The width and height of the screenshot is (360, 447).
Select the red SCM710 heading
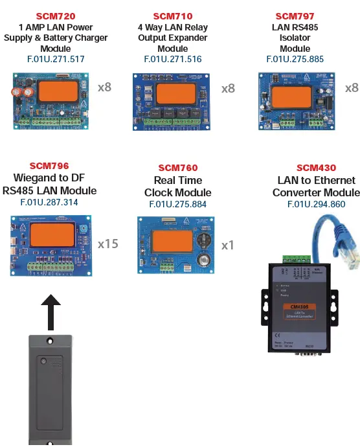tap(172, 16)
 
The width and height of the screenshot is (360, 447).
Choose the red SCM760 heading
tap(177, 168)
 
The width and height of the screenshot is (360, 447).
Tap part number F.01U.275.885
tap(295, 59)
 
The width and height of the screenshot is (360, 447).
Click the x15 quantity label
tap(108, 244)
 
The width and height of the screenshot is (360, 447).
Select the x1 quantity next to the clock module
tap(227, 246)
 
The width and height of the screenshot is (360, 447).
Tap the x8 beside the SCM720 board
tap(104, 87)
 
